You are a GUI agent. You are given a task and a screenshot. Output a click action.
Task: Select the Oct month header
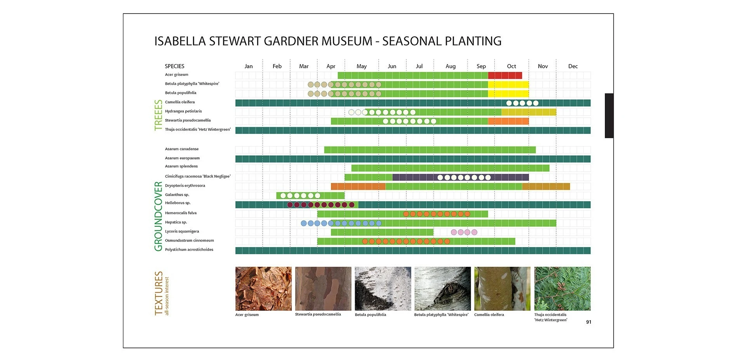pos(512,66)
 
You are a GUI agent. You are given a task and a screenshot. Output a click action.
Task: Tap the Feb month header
pos(277,66)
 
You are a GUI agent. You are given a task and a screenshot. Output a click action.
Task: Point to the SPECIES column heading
pos(174,66)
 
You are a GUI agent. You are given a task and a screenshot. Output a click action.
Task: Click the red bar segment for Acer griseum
pos(505,75)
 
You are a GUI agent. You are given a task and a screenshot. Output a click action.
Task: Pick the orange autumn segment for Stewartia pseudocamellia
pos(508,121)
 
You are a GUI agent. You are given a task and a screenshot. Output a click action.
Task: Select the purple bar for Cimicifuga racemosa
pos(461,177)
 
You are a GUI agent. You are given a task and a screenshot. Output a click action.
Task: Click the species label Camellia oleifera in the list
pos(180,102)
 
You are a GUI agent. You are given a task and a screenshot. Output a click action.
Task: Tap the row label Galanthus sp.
pos(177,195)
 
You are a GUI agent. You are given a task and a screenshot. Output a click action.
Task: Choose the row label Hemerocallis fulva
pos(181,213)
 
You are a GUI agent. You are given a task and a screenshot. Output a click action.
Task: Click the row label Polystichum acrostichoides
pos(189,250)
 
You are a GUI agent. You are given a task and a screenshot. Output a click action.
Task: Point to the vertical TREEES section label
pos(158,115)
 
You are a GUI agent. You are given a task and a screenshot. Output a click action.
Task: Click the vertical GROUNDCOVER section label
pos(158,216)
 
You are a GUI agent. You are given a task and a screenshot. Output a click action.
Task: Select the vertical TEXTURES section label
pos(158,293)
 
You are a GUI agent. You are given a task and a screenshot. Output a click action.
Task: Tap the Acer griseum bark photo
pos(263,289)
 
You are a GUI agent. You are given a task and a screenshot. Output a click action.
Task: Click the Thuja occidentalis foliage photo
pos(562,289)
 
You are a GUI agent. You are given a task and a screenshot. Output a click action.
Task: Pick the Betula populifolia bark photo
pos(383,289)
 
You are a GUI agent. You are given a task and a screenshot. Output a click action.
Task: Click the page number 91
pos(588,322)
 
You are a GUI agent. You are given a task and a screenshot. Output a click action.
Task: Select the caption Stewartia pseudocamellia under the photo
pos(318,314)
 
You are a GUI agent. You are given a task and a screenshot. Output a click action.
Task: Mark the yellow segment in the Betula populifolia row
pos(508,94)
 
